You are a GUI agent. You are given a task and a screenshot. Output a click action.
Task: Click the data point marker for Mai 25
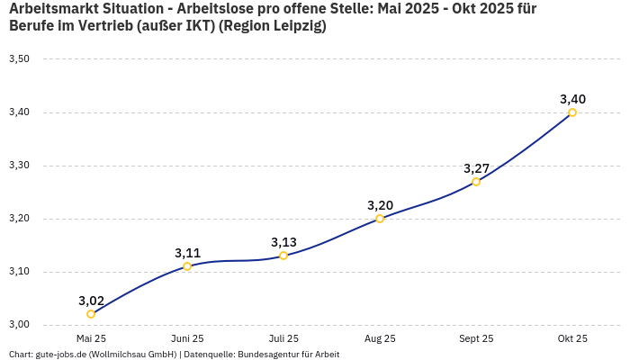coord(91,314)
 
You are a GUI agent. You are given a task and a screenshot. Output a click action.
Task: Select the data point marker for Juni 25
coord(187,266)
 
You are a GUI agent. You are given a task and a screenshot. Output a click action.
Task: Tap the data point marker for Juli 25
coord(283,256)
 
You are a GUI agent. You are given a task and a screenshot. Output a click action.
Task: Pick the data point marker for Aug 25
coord(380,219)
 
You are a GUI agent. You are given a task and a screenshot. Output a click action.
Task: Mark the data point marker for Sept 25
coord(476,182)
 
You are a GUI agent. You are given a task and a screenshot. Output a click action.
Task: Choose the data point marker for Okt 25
coord(572,112)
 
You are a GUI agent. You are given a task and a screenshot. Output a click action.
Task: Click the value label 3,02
coord(91,301)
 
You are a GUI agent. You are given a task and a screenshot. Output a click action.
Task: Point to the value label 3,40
coord(572,99)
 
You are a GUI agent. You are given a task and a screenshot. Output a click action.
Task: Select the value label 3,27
coord(476,168)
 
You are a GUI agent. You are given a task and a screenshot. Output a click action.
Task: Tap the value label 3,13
coord(283,242)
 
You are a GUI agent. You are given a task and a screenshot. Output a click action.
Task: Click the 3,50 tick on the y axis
coord(19,59)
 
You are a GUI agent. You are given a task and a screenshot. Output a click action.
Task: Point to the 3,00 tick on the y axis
coord(19,325)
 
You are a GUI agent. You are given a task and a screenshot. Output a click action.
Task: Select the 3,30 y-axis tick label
coord(19,166)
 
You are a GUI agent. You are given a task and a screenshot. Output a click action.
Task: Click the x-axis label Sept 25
coord(476,339)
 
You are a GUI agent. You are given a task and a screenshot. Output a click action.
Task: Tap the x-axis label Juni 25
coord(187,339)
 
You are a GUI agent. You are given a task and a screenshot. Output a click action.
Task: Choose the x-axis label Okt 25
coord(572,339)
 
